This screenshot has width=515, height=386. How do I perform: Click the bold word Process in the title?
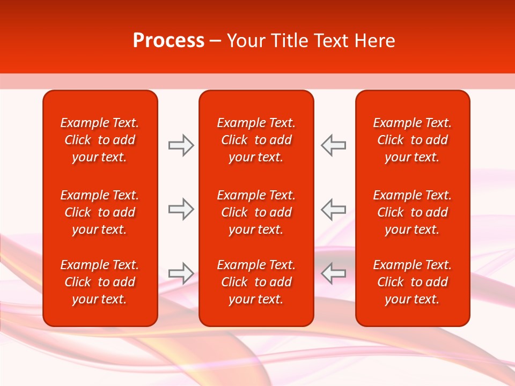click(x=168, y=41)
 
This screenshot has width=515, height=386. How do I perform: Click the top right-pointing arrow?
click(x=181, y=145)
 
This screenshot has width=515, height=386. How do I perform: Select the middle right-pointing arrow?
click(x=181, y=209)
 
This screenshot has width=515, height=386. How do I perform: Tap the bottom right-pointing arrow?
click(x=181, y=273)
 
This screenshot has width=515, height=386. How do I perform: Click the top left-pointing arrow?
click(x=334, y=145)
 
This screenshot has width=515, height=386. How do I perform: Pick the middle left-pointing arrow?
click(x=334, y=209)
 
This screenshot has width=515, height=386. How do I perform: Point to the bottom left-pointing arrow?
click(x=334, y=273)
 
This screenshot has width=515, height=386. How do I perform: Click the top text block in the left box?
click(x=100, y=140)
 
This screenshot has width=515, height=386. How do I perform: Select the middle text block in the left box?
click(x=100, y=212)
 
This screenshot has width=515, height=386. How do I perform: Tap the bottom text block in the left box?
click(x=100, y=282)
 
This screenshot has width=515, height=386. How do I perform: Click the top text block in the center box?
click(x=256, y=140)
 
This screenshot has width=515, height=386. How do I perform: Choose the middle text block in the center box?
click(x=256, y=212)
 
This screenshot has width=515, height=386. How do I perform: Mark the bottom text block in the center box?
click(x=256, y=282)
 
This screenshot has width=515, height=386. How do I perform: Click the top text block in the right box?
click(x=413, y=140)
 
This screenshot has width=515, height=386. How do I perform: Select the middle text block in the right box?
click(x=413, y=212)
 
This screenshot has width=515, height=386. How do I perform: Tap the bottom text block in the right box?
click(x=413, y=282)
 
